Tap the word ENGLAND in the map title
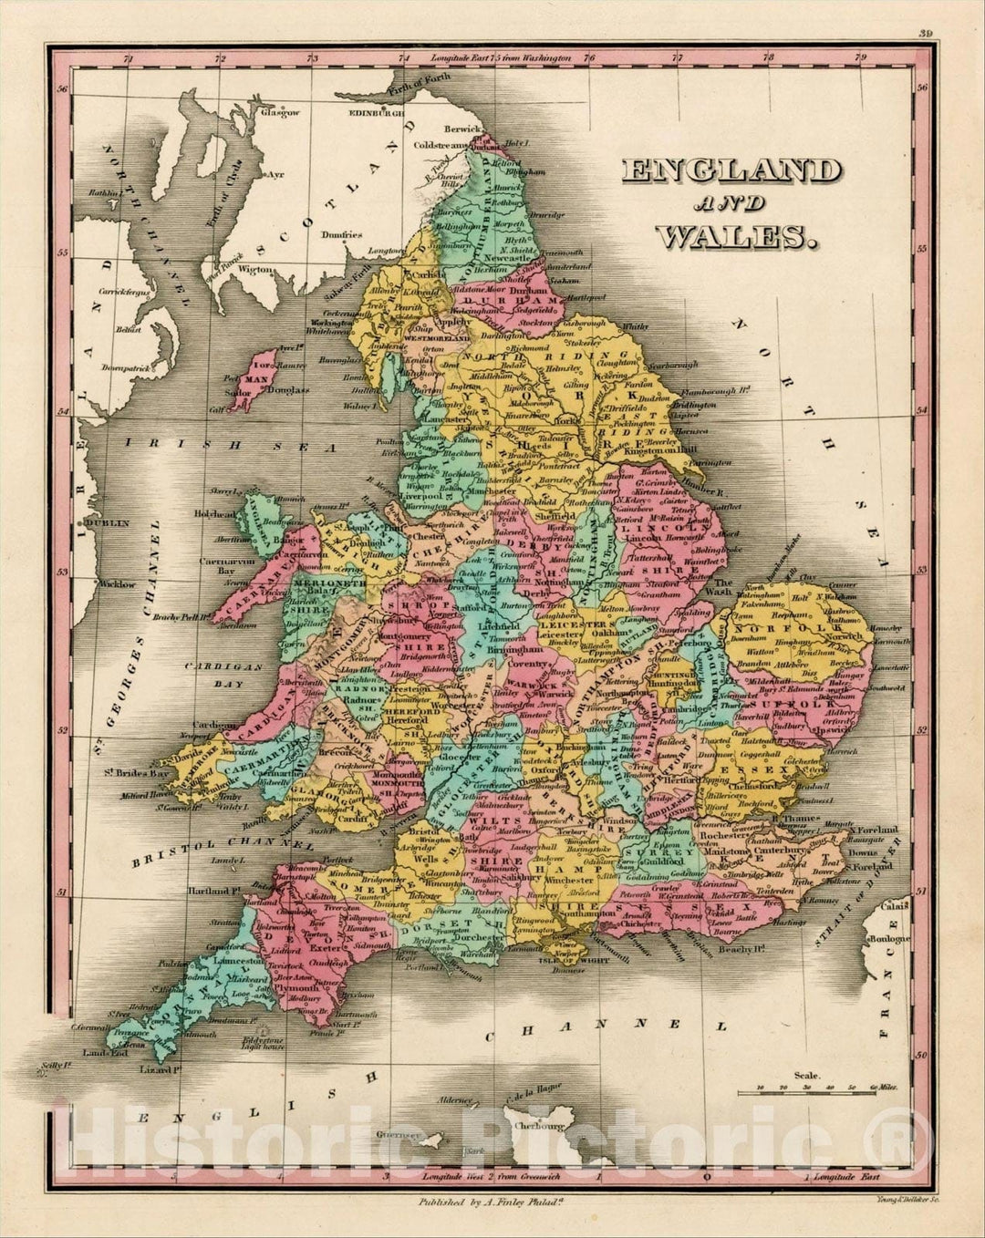tap(731, 171)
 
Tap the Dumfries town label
tap(342, 234)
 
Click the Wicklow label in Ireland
tap(118, 584)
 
